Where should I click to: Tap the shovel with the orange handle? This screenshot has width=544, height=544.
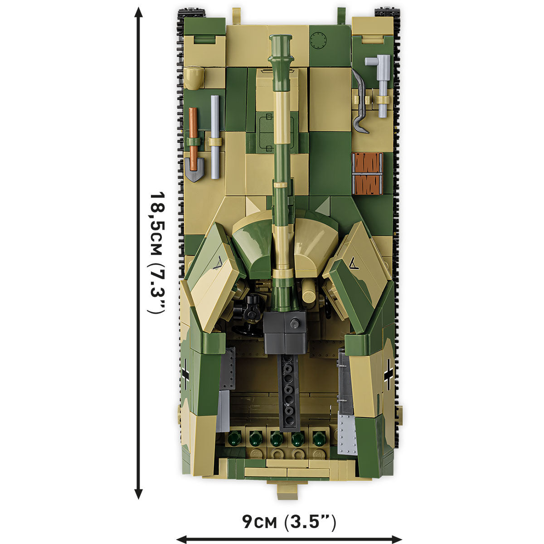194,145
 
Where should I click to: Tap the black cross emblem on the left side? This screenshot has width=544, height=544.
185,374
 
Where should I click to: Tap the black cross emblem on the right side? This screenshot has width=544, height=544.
389,374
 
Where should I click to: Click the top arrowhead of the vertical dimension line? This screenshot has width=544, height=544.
139,13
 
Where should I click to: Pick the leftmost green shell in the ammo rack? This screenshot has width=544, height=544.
233,438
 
